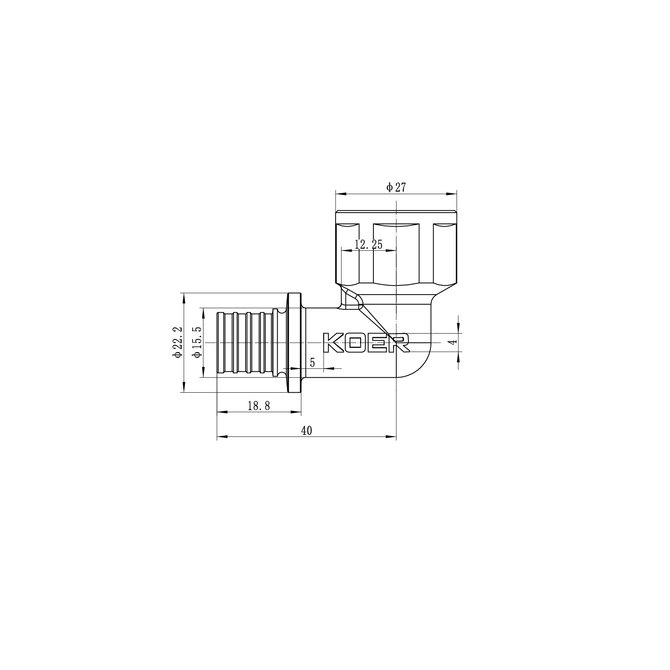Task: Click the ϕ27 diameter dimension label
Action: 396,187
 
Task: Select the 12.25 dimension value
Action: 369,244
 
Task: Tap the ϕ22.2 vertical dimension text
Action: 178,342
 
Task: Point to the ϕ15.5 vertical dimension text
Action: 197,342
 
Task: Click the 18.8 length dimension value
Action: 258,406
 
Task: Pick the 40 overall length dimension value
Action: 306,431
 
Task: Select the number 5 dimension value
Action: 312,363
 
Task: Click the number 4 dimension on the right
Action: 453,342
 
